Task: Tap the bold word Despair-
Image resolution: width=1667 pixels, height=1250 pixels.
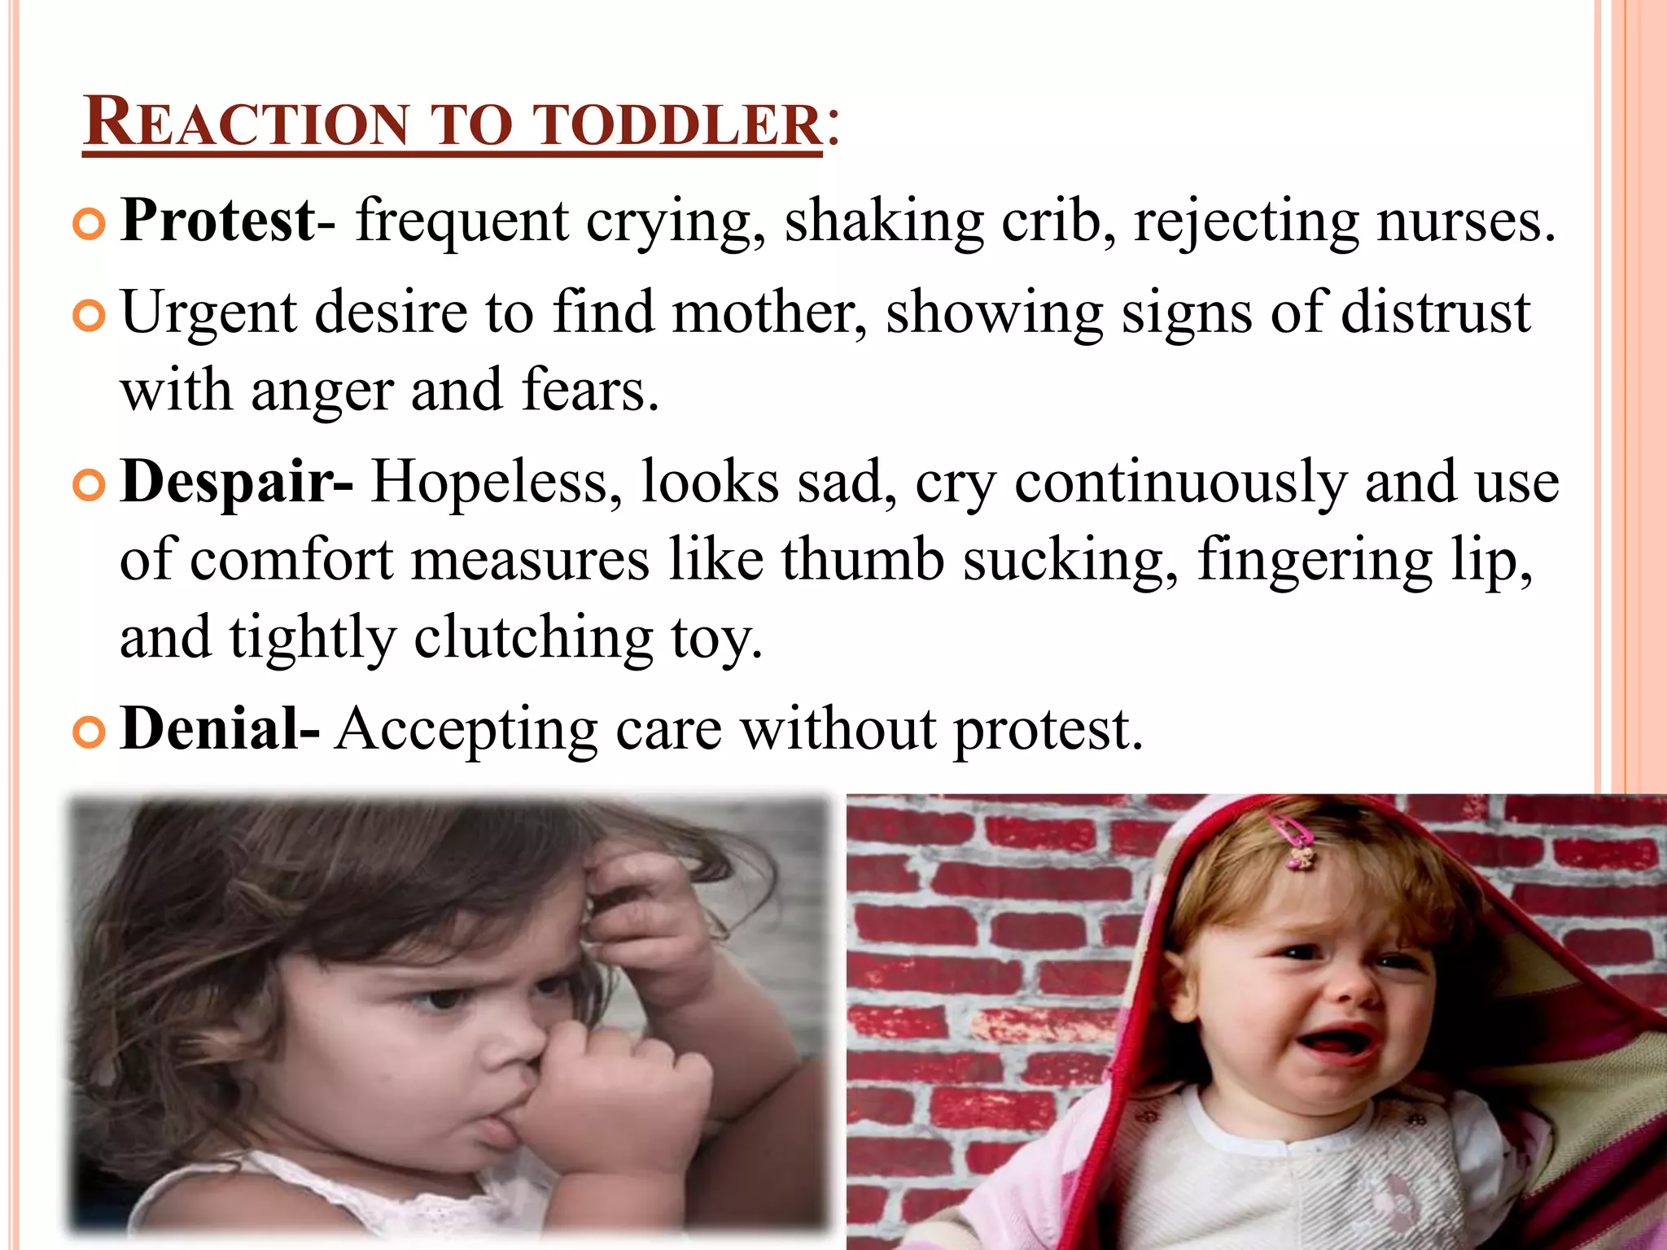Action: pyautogui.click(x=236, y=482)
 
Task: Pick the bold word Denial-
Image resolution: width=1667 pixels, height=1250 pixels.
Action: pyautogui.click(x=220, y=728)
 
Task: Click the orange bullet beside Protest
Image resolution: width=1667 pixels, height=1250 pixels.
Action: pyautogui.click(x=89, y=225)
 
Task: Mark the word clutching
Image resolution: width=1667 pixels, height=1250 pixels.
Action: pyautogui.click(x=533, y=638)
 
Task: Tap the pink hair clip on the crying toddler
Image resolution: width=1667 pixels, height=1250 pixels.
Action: pyautogui.click(x=1296, y=842)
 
